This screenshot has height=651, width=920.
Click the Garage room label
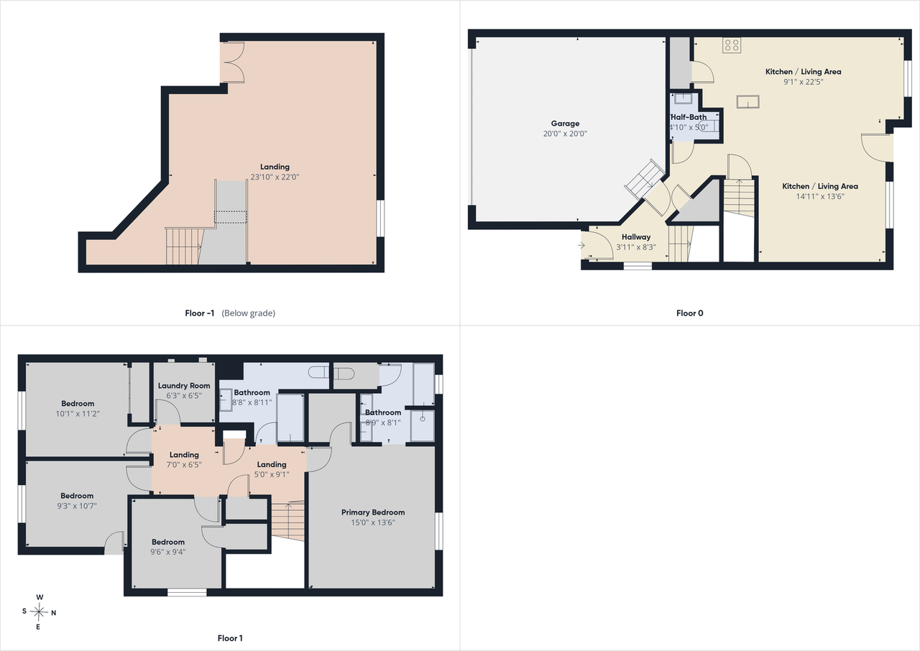(565, 124)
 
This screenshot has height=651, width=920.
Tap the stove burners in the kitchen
(732, 45)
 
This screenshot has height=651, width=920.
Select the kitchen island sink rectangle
(748, 101)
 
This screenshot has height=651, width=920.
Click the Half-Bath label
(689, 117)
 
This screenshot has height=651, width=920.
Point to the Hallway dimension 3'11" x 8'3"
(636, 247)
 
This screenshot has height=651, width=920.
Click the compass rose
(39, 612)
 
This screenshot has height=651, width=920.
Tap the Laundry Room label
(184, 386)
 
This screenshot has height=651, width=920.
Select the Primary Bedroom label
(373, 512)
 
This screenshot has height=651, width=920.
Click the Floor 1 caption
(230, 638)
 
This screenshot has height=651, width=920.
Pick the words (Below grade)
(249, 313)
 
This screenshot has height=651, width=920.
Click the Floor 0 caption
(689, 313)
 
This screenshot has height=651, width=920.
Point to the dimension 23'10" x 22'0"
(275, 177)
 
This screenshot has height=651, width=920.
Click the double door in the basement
(233, 63)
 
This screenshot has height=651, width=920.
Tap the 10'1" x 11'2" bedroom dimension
(78, 414)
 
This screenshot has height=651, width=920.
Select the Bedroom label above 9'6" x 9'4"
(168, 542)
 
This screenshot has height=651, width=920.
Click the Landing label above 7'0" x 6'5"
(184, 455)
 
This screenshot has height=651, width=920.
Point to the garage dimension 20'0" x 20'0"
(565, 134)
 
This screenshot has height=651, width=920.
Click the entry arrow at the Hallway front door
(581, 246)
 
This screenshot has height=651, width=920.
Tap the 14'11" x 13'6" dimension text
(820, 196)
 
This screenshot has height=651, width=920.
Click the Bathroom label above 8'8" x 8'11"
(252, 392)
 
